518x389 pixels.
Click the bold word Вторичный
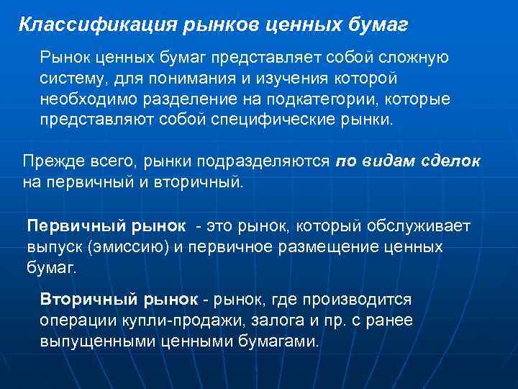[x=85, y=299]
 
